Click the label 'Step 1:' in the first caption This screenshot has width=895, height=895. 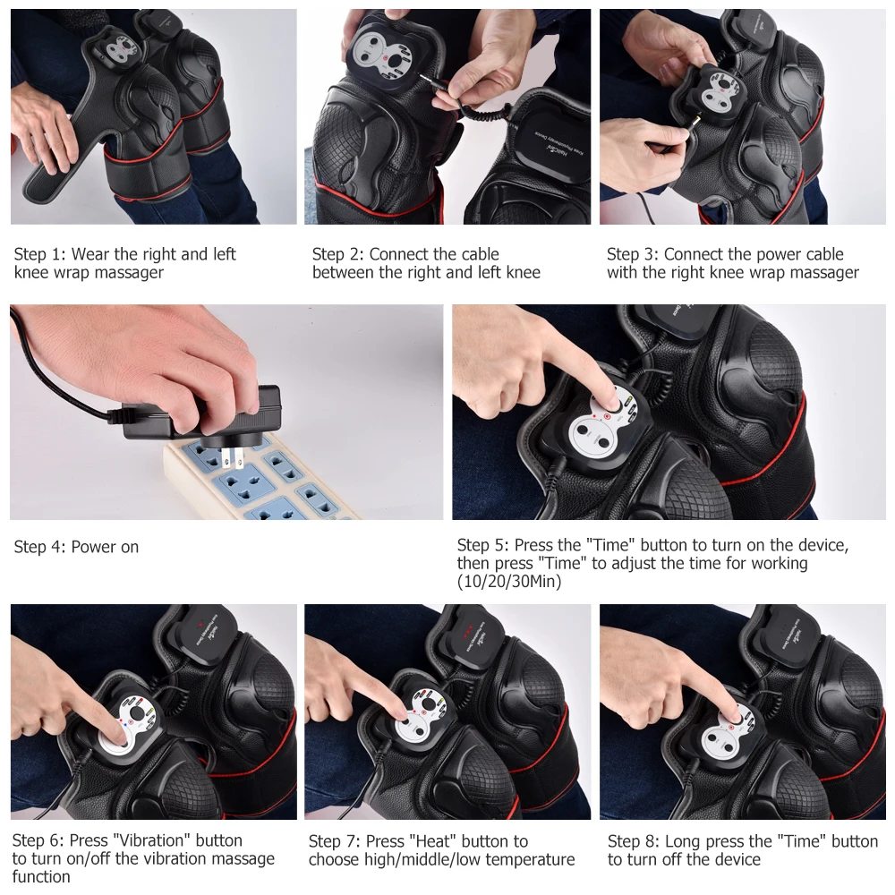[39, 254]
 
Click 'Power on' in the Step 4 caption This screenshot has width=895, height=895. [105, 547]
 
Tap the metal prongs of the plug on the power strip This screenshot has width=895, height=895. [234, 457]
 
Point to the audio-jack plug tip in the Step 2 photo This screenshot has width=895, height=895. [431, 79]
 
